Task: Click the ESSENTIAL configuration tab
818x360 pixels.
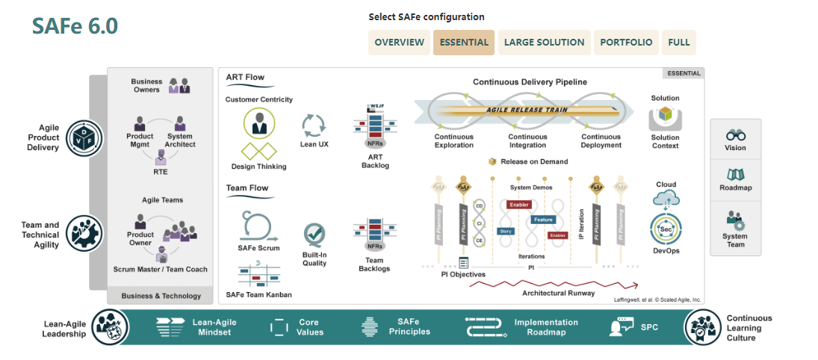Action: (x=464, y=43)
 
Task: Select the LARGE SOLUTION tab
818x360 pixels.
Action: (x=544, y=43)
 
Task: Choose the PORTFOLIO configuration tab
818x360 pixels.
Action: (x=626, y=43)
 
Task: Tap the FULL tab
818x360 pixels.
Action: (x=679, y=43)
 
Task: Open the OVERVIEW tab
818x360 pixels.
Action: (x=399, y=43)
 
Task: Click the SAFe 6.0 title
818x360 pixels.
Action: (x=75, y=25)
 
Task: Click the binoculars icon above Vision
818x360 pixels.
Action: (x=735, y=135)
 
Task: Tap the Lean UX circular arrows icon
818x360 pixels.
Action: (x=313, y=125)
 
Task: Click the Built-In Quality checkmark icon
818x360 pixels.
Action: (x=315, y=235)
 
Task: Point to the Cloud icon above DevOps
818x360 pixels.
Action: (x=665, y=198)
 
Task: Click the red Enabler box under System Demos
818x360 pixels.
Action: (x=519, y=204)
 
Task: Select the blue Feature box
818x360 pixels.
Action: (x=542, y=220)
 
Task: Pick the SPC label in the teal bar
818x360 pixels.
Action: (x=649, y=327)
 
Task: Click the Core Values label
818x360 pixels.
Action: (x=309, y=327)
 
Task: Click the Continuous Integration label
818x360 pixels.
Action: (x=527, y=141)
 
